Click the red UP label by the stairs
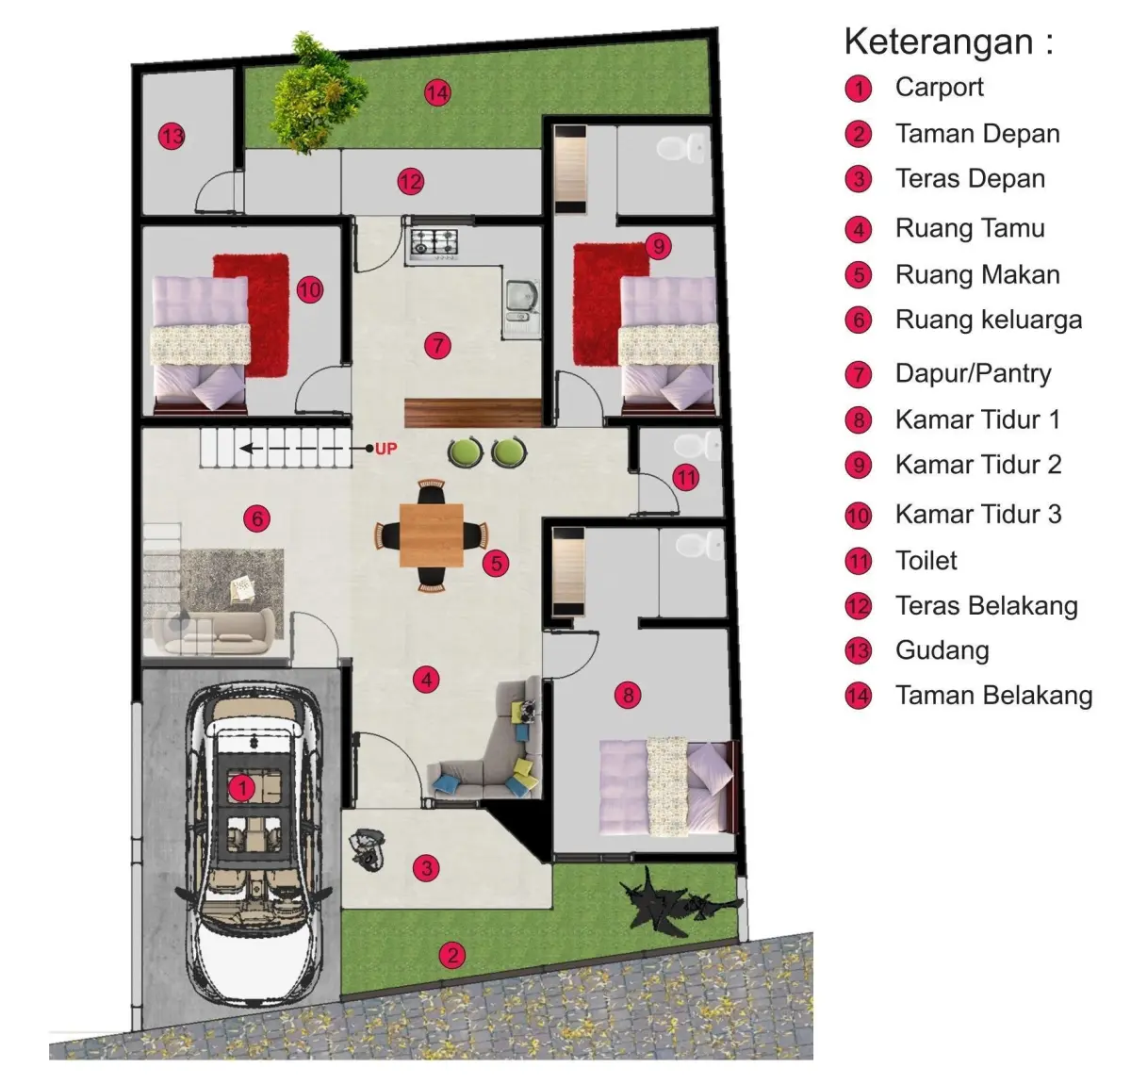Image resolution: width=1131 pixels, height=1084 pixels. point(385,449)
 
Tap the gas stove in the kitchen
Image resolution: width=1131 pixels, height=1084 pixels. point(434,243)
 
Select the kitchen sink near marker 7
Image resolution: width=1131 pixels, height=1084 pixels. point(522,301)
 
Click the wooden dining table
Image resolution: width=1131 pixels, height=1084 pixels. point(432,535)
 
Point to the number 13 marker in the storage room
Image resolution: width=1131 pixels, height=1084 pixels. point(172,138)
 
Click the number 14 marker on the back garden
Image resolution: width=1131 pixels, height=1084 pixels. point(437,93)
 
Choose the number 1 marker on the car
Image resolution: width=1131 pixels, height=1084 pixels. point(242,789)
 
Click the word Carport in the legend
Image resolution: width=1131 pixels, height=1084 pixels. point(940,88)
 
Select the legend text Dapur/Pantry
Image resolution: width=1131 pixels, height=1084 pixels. point(974,373)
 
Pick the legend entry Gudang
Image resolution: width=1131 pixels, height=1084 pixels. point(942,650)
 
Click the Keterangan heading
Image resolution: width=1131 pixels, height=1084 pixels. point(948,41)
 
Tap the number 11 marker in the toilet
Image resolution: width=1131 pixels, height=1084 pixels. point(686,478)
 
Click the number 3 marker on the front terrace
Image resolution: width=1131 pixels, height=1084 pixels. point(426,868)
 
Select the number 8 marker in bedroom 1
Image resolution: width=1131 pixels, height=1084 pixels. point(629,695)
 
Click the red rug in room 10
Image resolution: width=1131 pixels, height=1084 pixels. point(251,315)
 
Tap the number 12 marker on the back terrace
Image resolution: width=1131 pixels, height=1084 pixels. point(410,182)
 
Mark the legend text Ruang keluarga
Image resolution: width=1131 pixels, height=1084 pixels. point(989,320)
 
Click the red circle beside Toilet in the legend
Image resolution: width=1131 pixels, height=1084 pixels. point(859,562)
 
